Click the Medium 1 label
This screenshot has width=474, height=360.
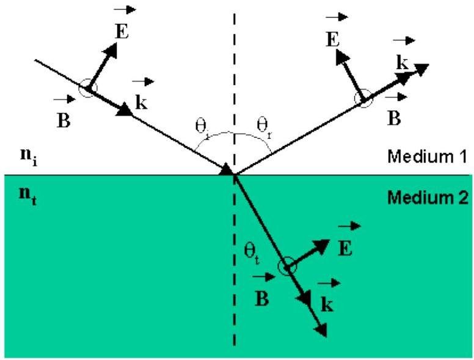(x=427, y=156)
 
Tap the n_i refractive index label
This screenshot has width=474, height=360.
(x=29, y=156)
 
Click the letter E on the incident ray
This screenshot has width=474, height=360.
(x=122, y=31)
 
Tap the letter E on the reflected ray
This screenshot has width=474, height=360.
(x=332, y=39)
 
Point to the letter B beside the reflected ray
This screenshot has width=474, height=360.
(x=394, y=118)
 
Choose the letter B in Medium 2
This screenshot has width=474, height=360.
(x=262, y=298)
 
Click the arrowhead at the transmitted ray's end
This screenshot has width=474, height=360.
(x=321, y=329)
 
